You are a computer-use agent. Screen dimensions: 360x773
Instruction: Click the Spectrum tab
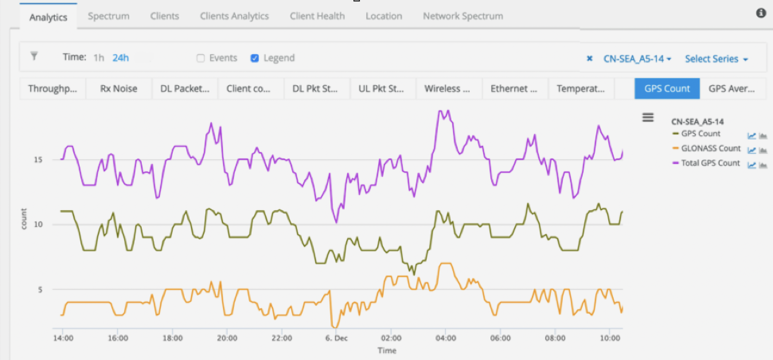[x=108, y=16]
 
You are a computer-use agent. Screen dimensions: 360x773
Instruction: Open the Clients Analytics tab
[x=234, y=16]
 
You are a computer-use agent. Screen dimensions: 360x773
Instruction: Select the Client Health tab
[x=317, y=16]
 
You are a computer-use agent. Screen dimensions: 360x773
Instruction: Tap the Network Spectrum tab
[x=463, y=16]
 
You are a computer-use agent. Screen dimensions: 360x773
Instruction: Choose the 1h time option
[x=99, y=58]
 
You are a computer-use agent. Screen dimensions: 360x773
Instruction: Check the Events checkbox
[x=201, y=58]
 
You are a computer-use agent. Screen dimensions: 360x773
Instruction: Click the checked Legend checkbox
[x=255, y=58]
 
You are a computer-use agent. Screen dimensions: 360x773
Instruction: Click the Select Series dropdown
[x=716, y=59]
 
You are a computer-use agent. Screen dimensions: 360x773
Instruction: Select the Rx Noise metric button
[x=119, y=88]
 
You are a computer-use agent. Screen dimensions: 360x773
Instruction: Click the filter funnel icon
[x=34, y=56]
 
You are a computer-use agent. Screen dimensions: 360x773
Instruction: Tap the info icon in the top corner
[x=761, y=13]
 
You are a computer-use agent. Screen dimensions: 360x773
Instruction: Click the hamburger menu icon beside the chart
[x=648, y=117]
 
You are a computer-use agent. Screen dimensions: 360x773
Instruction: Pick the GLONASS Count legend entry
[x=711, y=149]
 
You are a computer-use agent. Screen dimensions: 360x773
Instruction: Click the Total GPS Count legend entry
[x=710, y=163]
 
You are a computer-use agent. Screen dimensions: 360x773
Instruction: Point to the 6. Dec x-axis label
[x=336, y=338]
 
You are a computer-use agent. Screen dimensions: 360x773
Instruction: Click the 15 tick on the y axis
[x=38, y=160]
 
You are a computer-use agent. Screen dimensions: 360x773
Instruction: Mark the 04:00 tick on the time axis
[x=445, y=338]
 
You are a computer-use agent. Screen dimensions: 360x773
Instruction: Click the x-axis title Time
[x=387, y=350]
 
